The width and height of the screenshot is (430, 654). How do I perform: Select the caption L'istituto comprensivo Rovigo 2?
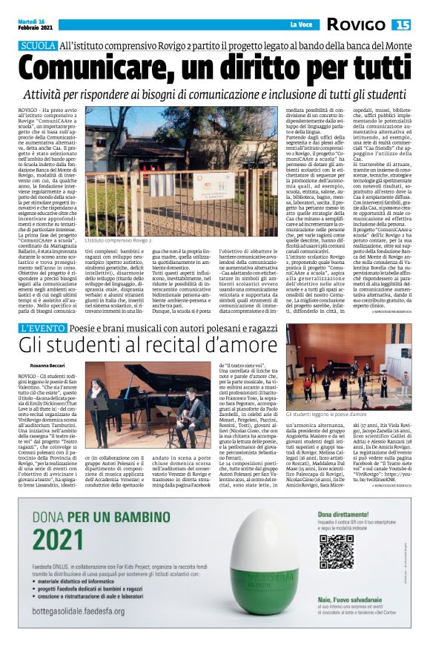tap(118, 241)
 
